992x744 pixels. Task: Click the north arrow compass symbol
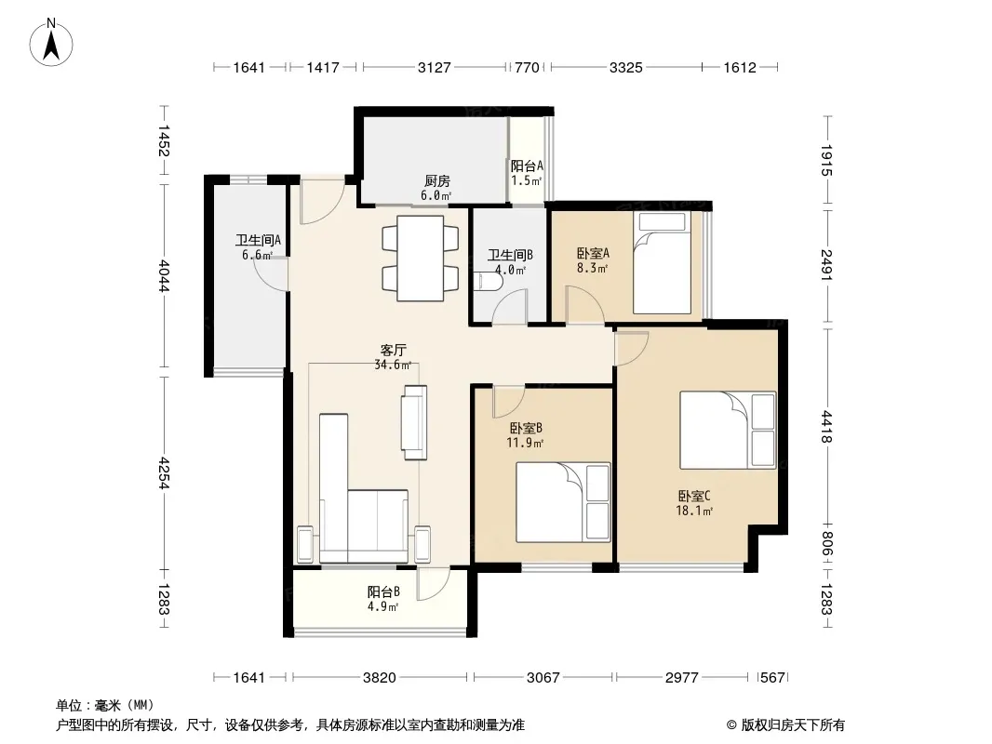click(51, 43)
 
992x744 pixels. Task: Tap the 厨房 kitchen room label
click(437, 181)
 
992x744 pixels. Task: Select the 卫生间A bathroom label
click(258, 240)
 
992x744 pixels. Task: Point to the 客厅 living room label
click(393, 351)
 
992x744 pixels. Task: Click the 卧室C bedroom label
click(694, 497)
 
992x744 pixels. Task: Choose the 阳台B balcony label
click(383, 592)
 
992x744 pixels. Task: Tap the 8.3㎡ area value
click(592, 268)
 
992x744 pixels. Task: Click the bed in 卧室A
click(662, 263)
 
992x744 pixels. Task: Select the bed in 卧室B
click(563, 502)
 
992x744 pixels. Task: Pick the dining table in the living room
click(420, 259)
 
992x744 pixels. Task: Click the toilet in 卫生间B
click(487, 281)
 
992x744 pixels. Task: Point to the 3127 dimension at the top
click(435, 67)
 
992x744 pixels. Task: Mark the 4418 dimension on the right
click(827, 427)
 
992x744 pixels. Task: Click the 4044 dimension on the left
click(164, 275)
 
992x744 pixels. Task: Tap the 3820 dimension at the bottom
click(380, 678)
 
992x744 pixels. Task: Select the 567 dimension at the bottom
click(772, 678)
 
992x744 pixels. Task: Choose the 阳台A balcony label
click(527, 166)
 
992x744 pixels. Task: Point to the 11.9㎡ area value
click(525, 443)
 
